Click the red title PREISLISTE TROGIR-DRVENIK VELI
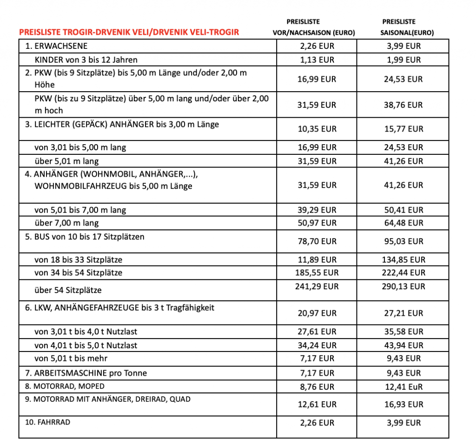(129, 33)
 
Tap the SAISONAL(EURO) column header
(403, 33)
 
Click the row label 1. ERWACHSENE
(56, 46)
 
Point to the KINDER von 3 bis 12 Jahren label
(86, 60)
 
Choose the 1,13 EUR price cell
(317, 60)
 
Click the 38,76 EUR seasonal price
(403, 105)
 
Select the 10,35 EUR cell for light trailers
(317, 129)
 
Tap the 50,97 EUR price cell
(317, 223)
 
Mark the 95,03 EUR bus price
(403, 241)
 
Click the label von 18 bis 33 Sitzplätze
(79, 259)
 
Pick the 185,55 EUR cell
(317, 272)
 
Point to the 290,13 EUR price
(403, 286)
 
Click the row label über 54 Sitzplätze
(68, 290)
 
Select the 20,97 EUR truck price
(317, 313)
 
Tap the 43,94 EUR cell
(403, 345)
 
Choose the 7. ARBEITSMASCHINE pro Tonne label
(87, 373)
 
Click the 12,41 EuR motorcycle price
(403, 386)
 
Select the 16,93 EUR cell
(403, 405)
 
